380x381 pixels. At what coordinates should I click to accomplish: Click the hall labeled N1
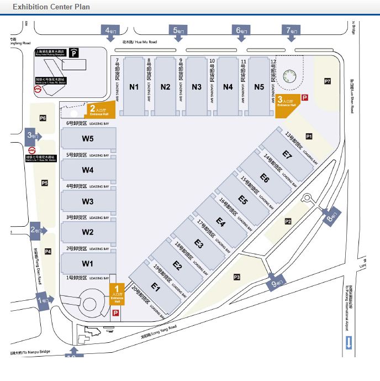(134, 87)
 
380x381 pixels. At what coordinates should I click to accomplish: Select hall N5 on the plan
(259, 87)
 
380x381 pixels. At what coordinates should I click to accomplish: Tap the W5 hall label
(88, 139)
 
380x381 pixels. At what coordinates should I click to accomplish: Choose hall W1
(88, 263)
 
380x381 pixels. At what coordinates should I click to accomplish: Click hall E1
(156, 288)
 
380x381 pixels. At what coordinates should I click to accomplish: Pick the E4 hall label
(221, 223)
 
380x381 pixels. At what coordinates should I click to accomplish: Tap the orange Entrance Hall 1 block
(117, 293)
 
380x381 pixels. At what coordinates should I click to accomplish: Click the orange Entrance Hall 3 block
(286, 104)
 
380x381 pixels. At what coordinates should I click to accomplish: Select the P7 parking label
(328, 81)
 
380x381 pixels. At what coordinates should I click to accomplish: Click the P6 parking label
(43, 118)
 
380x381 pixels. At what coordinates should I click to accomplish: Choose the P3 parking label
(237, 276)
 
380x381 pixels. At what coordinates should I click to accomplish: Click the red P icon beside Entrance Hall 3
(304, 97)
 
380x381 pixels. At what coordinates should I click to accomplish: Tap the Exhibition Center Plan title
(51, 7)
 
